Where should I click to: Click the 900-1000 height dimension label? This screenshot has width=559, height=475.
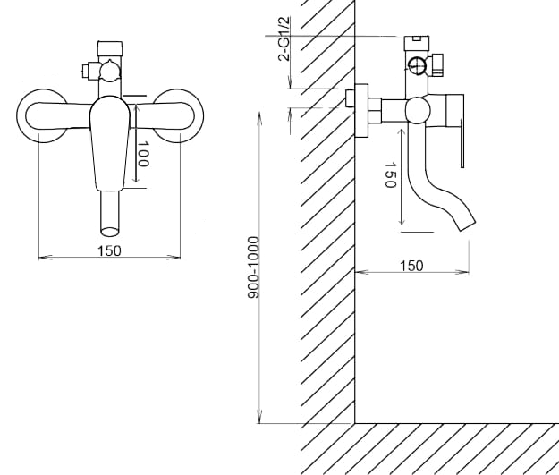(253, 267)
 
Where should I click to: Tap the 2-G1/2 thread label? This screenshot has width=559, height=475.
(284, 38)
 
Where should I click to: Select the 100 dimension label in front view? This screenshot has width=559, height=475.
(142, 154)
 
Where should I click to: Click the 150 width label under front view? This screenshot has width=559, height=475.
(109, 250)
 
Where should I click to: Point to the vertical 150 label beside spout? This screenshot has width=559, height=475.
(391, 174)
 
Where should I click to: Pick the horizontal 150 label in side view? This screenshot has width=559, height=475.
(411, 266)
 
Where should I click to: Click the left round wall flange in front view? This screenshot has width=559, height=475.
(43, 116)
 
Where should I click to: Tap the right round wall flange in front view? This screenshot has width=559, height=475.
(178, 115)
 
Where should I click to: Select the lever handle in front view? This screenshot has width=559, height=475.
(109, 143)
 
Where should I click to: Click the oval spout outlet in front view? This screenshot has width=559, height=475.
(109, 233)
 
